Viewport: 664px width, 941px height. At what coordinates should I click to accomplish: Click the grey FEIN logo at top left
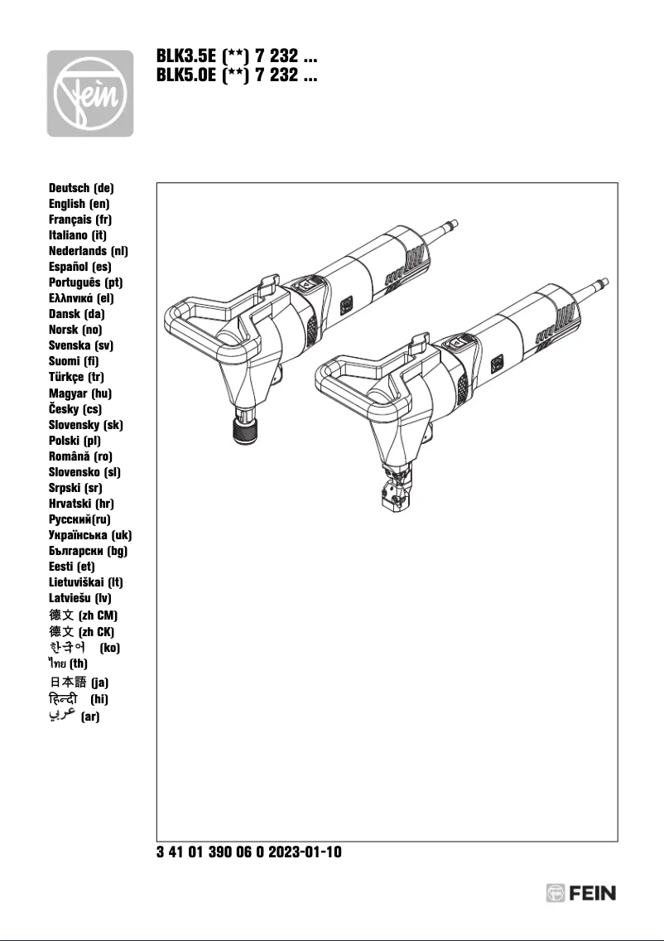click(89, 93)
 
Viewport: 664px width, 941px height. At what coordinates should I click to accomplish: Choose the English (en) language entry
click(79, 204)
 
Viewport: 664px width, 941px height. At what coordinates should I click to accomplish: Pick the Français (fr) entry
click(80, 220)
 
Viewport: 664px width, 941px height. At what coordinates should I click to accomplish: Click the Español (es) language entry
click(80, 267)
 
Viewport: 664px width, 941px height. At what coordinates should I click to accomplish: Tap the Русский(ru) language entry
click(79, 519)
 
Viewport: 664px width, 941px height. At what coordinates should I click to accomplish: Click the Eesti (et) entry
click(72, 567)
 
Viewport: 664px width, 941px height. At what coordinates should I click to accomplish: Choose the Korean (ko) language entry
click(84, 647)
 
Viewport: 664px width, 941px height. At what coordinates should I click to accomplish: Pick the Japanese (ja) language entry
click(79, 682)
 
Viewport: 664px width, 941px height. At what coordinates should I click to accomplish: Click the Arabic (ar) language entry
click(75, 716)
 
